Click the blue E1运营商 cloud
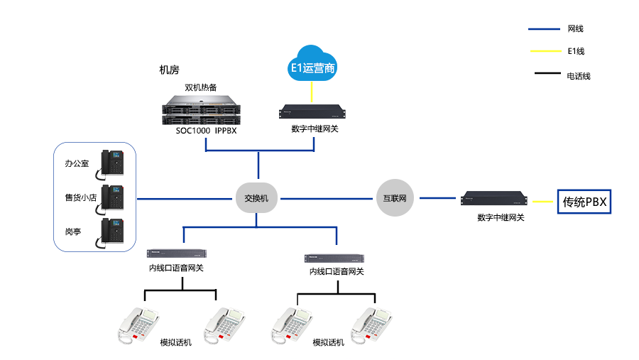coord(312,64)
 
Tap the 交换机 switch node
coord(256,199)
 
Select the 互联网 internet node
coord(394,199)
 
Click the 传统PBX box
coord(584,202)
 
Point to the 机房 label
coord(169,70)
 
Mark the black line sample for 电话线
coord(546,73)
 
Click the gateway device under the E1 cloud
coord(312,111)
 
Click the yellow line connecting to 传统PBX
coord(545,202)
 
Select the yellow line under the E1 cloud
coord(312,91)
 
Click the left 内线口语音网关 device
coord(177,253)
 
